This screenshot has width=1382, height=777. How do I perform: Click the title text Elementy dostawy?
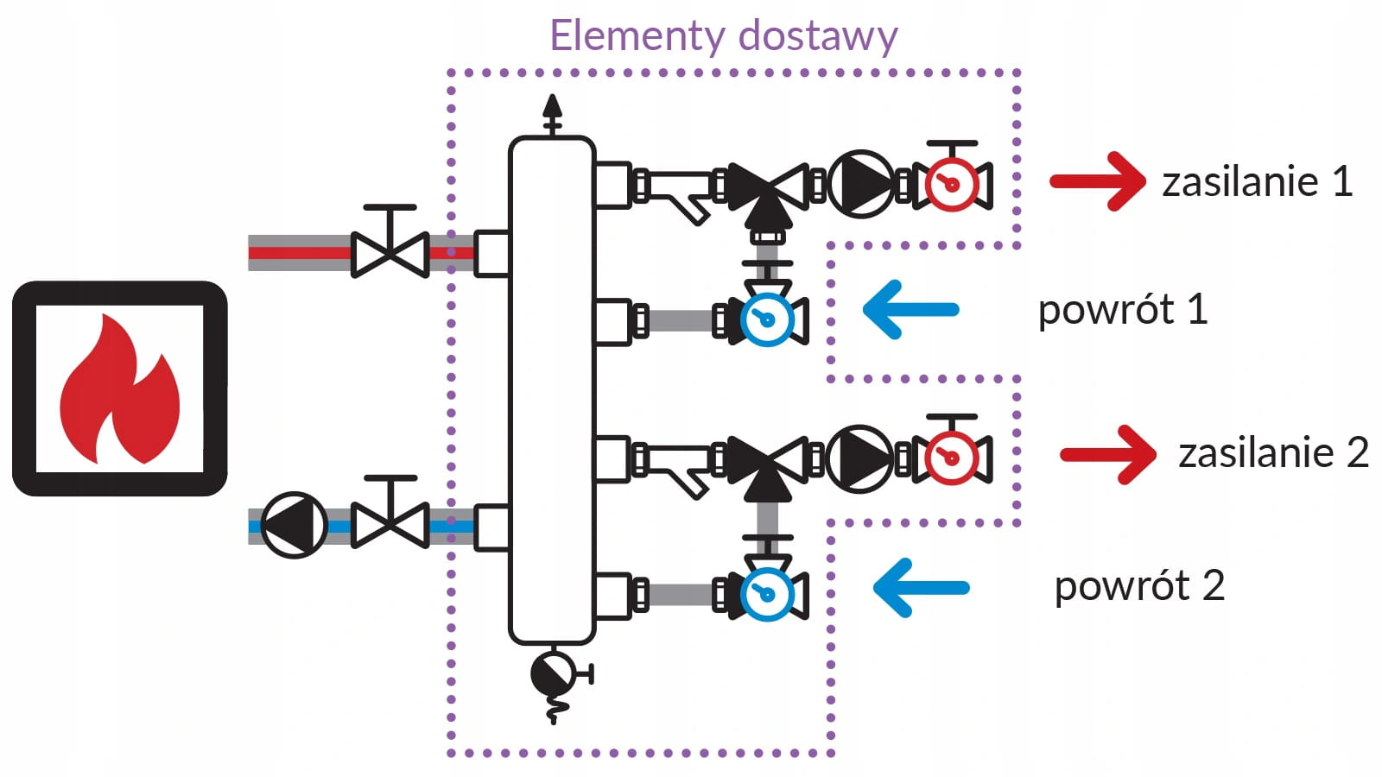click(724, 36)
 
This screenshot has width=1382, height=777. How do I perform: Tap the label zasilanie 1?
click(1257, 182)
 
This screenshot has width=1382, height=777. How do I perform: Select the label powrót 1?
click(1122, 309)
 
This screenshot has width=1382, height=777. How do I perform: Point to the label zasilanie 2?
click(1273, 453)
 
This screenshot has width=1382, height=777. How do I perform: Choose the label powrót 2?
click(1139, 586)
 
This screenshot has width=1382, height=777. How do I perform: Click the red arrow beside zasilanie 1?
click(1098, 181)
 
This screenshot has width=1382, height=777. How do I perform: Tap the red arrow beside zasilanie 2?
click(1108, 454)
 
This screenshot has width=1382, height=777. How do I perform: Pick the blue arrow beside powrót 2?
click(921, 588)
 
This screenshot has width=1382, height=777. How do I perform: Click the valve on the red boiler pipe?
click(390, 252)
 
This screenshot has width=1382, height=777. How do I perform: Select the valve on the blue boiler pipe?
click(390, 524)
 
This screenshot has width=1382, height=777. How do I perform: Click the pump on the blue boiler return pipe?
click(294, 525)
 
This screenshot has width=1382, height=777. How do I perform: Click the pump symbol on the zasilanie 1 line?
click(860, 184)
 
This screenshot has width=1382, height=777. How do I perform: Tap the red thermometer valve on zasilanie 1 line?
click(951, 184)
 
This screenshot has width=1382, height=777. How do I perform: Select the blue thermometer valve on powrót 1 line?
click(766, 319)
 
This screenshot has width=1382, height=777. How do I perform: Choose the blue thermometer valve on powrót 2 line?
click(766, 594)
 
